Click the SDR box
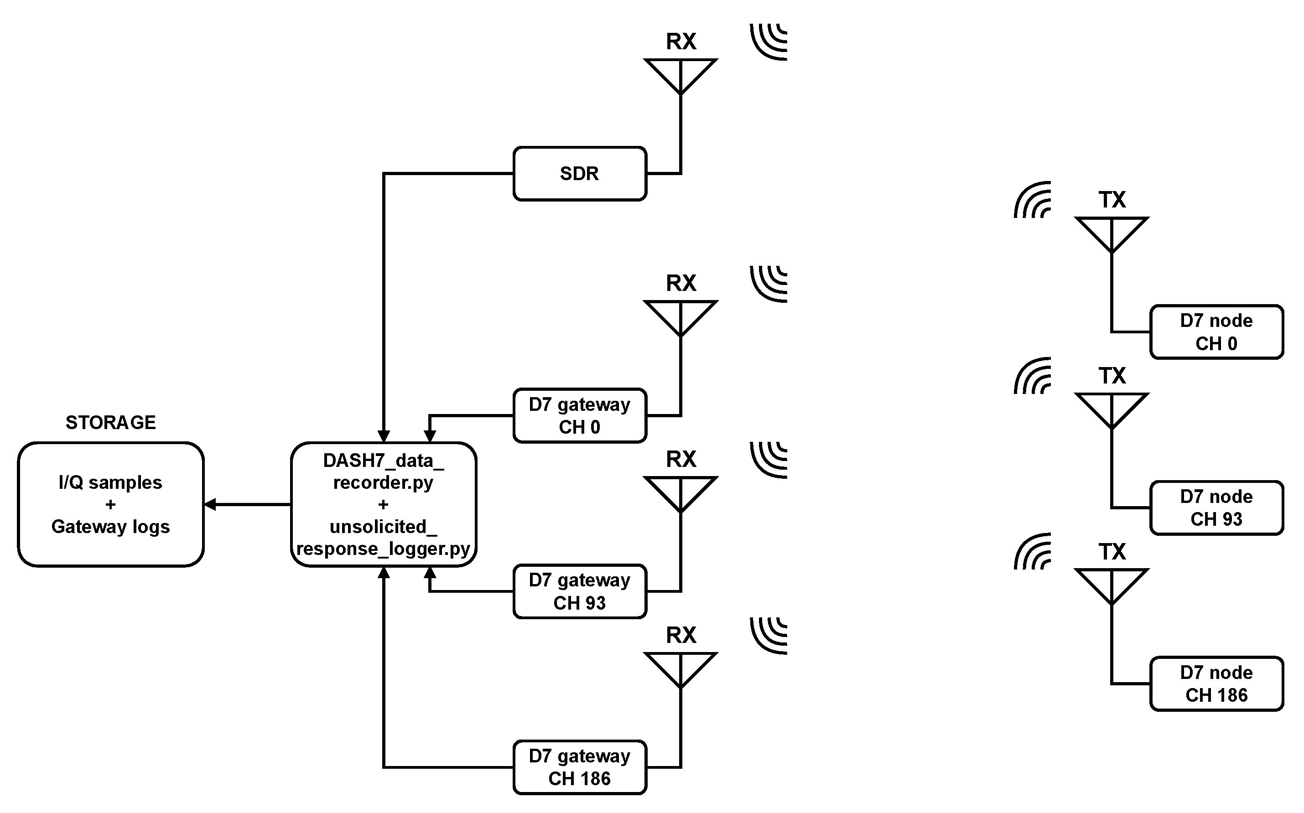[x=580, y=174]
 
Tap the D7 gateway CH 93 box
[x=580, y=591]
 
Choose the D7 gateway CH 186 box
[x=580, y=767]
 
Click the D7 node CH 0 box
[x=1217, y=332]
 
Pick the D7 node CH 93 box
[x=1217, y=507]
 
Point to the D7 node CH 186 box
[x=1217, y=684]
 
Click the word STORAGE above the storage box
[x=111, y=423]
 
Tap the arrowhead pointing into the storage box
[x=210, y=504]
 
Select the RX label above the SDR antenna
[x=681, y=41]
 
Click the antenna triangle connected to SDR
[x=681, y=76]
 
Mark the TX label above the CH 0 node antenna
[x=1112, y=200]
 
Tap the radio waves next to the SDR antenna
[x=769, y=42]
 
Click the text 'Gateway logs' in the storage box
[x=111, y=526]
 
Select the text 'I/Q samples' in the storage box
[x=111, y=482]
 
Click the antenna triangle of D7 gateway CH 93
[x=681, y=494]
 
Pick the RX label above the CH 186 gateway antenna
[x=681, y=636]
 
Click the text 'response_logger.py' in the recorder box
[x=384, y=549]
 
